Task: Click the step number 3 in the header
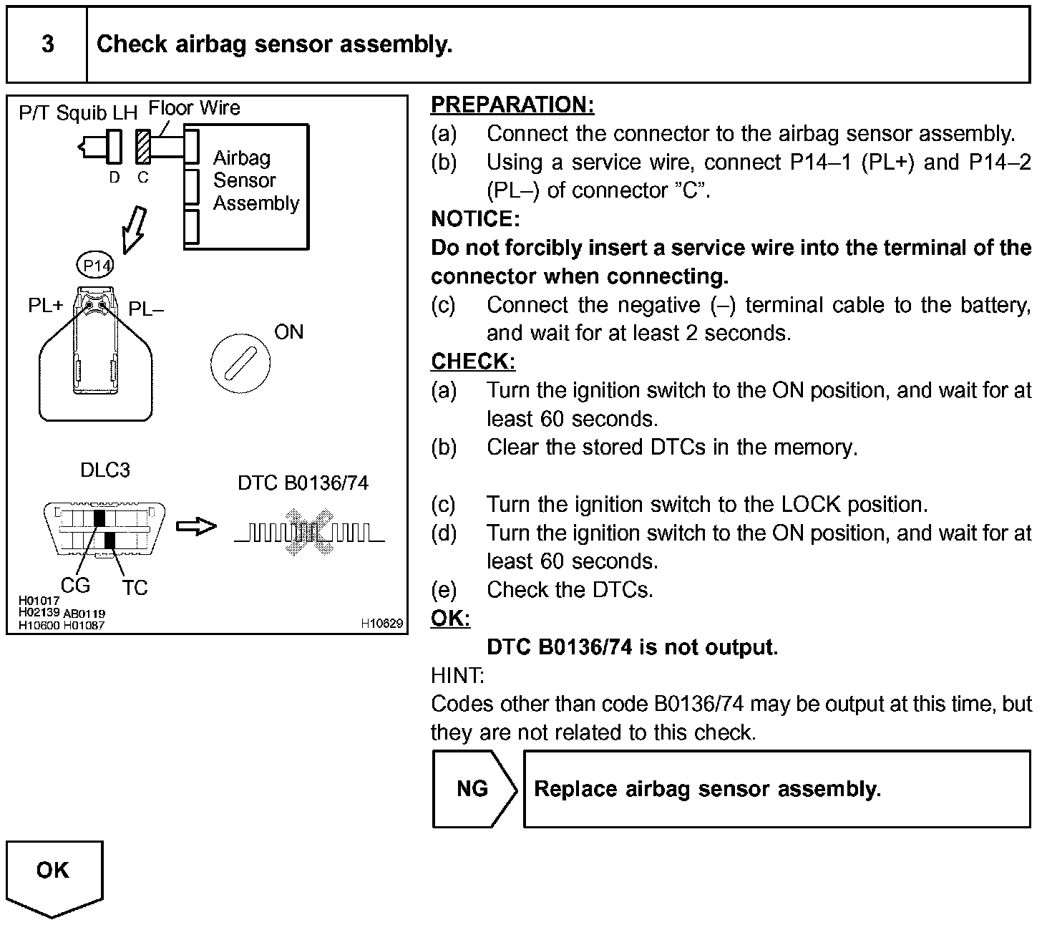[x=47, y=44]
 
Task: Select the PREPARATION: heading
[x=512, y=105]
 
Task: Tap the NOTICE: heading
[x=474, y=219]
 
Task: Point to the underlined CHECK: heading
[x=472, y=362]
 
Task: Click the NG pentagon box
[x=472, y=788]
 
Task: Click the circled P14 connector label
[x=94, y=266]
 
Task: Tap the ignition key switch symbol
[x=240, y=362]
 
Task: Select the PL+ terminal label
[x=46, y=306]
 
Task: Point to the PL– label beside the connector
[x=146, y=309]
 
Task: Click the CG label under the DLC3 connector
[x=75, y=586]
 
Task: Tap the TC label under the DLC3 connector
[x=134, y=588]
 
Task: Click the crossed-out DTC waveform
[x=309, y=531]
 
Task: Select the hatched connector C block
[x=143, y=147]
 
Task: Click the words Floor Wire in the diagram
[x=194, y=108]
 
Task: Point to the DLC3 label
[x=104, y=470]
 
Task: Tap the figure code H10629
[x=382, y=624]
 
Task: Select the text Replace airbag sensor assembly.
[x=707, y=789]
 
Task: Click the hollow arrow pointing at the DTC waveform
[x=196, y=527]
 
